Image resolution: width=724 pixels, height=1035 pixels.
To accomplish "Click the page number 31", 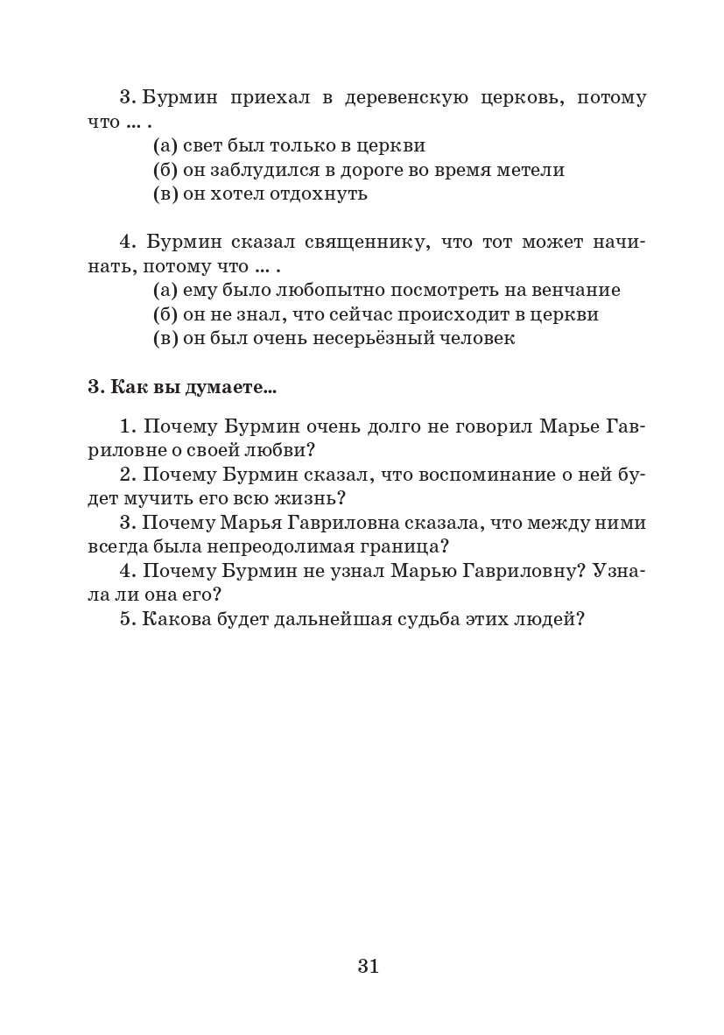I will coord(368,966).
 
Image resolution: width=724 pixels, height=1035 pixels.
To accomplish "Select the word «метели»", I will coord(533,170).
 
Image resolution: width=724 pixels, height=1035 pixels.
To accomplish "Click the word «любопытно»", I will coord(334,290).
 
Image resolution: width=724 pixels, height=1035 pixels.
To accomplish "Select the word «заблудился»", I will coord(253,170).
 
